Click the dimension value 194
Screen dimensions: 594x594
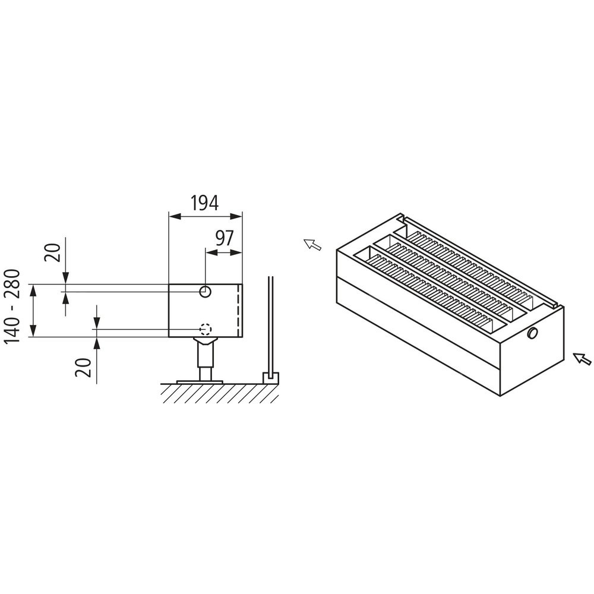(204, 203)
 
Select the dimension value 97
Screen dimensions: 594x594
(225, 238)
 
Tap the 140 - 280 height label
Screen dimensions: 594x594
(12, 306)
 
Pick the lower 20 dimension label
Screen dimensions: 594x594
(83, 367)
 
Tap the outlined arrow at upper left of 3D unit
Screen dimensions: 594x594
(312, 245)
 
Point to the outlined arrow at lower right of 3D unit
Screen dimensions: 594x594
(582, 359)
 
